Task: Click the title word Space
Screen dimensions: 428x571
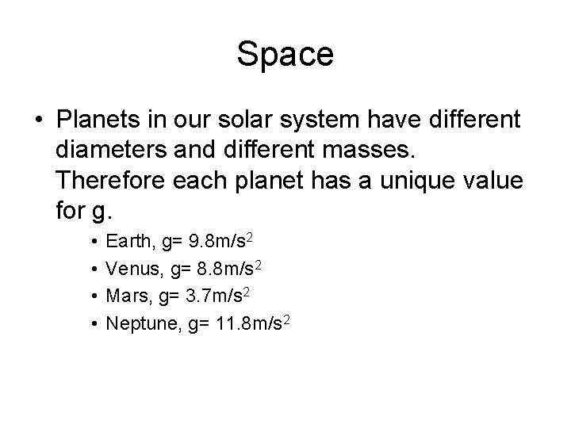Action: [x=285, y=55]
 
